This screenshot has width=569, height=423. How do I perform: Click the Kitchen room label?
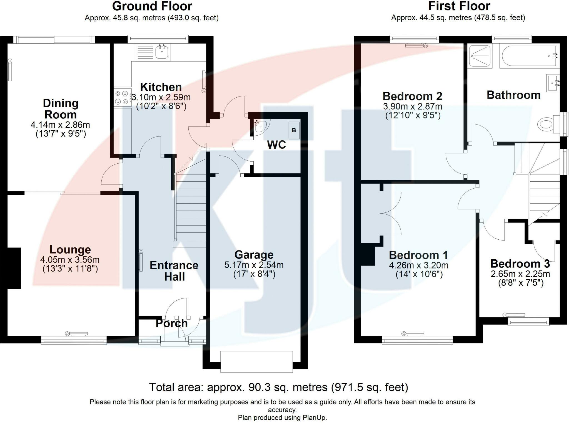[161, 87]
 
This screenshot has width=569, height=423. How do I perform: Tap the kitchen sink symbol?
[162, 52]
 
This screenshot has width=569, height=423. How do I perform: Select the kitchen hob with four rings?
[123, 98]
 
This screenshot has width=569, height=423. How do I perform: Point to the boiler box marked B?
[294, 130]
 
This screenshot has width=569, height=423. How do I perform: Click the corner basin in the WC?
[261, 127]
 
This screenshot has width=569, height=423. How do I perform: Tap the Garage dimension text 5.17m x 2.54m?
[254, 265]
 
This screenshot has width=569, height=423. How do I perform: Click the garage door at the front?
[256, 361]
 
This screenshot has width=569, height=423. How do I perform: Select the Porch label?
[172, 323]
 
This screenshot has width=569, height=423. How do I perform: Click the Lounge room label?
[70, 250]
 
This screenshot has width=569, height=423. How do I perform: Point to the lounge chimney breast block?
[14, 268]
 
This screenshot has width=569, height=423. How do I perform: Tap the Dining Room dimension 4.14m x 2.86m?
[60, 125]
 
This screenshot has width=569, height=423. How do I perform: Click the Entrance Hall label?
[174, 271]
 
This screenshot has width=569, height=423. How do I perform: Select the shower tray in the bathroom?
[480, 56]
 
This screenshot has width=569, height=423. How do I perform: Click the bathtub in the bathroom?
[529, 56]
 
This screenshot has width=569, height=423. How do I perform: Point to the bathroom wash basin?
[552, 82]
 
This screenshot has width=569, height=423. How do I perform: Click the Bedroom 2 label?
[412, 96]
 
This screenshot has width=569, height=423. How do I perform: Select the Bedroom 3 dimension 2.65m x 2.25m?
[520, 274]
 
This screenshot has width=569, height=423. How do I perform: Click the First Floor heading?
[459, 6]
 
